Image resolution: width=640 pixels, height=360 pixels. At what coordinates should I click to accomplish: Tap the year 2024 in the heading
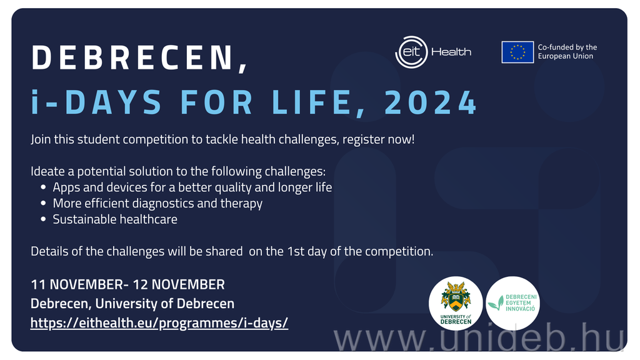(x=431, y=102)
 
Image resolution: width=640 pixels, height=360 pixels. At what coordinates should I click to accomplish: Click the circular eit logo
(x=411, y=52)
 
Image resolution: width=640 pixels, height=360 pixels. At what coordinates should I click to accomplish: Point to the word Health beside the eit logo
(x=451, y=52)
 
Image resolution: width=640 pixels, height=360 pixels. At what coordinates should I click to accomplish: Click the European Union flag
(x=517, y=52)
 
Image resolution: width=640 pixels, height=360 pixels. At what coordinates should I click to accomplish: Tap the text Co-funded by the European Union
(x=567, y=52)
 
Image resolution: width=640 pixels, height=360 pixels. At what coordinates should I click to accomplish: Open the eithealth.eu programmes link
(x=159, y=323)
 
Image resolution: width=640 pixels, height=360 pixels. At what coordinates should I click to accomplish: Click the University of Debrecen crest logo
(x=456, y=303)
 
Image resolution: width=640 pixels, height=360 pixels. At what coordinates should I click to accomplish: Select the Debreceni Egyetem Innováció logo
(x=512, y=303)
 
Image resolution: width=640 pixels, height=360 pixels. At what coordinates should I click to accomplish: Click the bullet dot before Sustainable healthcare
(x=43, y=219)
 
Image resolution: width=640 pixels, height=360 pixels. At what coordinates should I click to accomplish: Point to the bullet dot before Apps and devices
(x=43, y=187)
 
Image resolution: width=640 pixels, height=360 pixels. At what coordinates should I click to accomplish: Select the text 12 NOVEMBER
(x=179, y=284)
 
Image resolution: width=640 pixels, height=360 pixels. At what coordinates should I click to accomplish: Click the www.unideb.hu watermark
(x=479, y=337)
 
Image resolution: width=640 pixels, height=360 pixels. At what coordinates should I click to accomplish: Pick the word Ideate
(x=47, y=171)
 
